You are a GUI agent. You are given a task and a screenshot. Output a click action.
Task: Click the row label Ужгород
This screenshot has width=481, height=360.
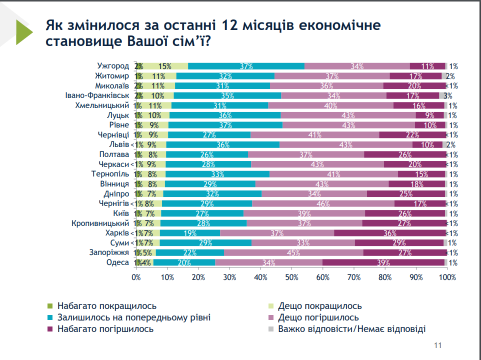(x=113, y=66)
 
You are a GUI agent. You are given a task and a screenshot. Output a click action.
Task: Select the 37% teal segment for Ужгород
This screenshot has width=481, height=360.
(x=246, y=66)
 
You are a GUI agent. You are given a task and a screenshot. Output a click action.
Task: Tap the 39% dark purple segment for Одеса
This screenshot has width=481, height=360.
(x=383, y=262)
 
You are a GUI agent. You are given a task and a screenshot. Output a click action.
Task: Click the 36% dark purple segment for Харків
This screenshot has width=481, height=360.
(x=390, y=233)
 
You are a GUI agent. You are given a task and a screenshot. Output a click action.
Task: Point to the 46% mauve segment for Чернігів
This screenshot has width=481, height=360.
(x=323, y=203)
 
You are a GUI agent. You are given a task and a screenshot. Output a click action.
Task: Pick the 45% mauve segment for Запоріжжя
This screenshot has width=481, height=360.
(x=293, y=252)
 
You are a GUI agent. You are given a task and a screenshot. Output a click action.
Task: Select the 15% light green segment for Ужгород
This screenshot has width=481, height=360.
(x=165, y=66)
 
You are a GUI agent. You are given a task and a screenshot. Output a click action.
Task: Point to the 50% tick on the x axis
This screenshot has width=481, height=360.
(x=291, y=276)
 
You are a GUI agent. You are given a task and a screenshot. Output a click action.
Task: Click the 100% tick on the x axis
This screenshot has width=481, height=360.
(x=447, y=276)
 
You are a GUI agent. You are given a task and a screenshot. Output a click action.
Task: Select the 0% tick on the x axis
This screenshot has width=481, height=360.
(x=135, y=276)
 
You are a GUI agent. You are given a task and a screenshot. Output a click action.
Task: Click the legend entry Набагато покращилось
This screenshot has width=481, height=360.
(x=107, y=306)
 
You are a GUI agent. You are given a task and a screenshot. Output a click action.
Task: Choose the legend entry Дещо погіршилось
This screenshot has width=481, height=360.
(x=318, y=317)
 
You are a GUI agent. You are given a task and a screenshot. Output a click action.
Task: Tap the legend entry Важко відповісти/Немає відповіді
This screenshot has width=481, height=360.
(x=352, y=329)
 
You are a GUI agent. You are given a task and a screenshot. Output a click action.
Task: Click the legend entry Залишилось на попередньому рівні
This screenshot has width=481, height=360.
(x=133, y=317)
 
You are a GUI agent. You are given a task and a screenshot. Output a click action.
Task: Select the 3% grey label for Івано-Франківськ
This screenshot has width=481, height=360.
(x=448, y=95)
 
